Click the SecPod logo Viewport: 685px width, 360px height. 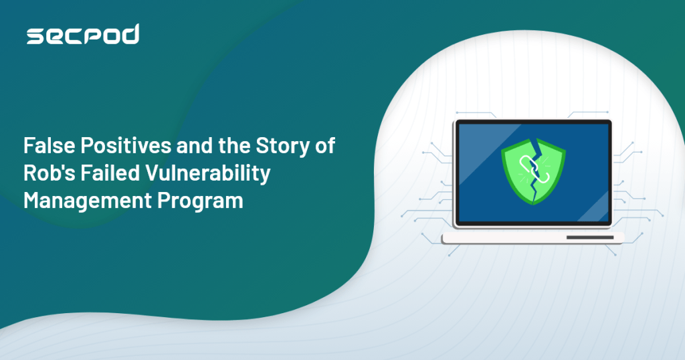(83, 35)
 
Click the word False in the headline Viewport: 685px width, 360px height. (50, 145)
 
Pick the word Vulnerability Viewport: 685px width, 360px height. (208, 174)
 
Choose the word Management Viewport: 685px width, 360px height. (88, 201)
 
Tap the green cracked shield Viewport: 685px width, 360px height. (533, 172)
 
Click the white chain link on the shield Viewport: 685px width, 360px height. (532, 169)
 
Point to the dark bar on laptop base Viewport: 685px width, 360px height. (590, 238)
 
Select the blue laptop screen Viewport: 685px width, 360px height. (533, 173)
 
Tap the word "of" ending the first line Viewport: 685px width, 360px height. (325, 145)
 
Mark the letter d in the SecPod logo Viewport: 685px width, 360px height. (130, 35)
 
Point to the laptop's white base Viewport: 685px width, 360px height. (533, 238)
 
